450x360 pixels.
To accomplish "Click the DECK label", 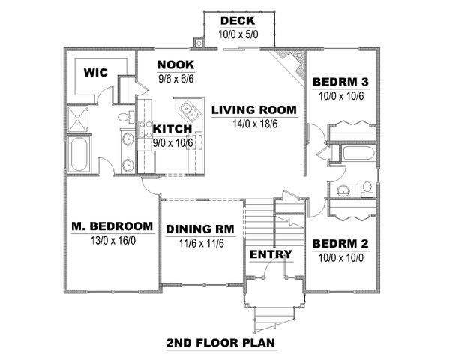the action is [238, 21].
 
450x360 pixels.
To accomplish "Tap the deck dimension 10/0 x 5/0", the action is [238, 34].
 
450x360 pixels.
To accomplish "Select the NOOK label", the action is [175, 65].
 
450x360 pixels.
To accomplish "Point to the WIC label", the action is [96, 72].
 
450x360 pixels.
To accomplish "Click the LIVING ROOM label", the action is [254, 110].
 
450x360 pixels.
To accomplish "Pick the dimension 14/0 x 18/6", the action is [255, 124].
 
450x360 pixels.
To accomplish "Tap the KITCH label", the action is [172, 129].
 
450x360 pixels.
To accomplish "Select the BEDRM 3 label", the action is [340, 82].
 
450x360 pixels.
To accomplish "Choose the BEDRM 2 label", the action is [340, 244].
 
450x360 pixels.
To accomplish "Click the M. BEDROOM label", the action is [112, 226].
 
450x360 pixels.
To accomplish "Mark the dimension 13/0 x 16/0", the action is [113, 241].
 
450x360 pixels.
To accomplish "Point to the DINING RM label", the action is [200, 229].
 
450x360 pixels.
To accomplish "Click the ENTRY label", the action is [271, 254].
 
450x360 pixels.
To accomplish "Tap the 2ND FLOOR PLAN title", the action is [221, 343].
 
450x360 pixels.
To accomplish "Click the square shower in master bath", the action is [78, 119].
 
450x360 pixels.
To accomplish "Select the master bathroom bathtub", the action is [79, 154].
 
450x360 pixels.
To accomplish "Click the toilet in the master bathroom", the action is [126, 117].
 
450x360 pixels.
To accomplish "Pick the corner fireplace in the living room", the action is [289, 65].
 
